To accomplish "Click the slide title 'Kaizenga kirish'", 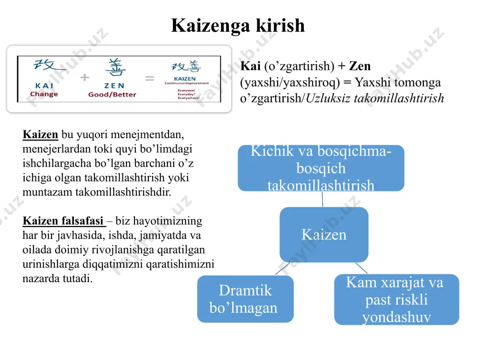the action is point(238,26).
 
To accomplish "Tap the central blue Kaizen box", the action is point(324,235).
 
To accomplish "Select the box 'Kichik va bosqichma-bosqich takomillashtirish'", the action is point(321,168).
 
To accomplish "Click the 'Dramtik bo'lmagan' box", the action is point(245,299).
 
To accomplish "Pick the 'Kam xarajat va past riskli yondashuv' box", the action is point(396,300).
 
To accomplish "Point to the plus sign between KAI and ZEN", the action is point(85,77).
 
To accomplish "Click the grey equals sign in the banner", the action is point(150,79).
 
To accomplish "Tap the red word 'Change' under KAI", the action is point(44,94).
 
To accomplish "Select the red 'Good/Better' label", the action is point(112,95).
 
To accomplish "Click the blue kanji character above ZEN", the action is point(115,67).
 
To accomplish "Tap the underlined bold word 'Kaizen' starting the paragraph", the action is point(40,134).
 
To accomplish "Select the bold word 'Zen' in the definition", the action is point(360,66).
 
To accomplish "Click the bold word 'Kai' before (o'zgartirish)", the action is point(251,66).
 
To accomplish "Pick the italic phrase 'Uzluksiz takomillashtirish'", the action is point(375,98).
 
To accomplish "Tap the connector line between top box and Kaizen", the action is point(323,199).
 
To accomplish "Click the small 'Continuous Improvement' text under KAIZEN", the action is point(186,83).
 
